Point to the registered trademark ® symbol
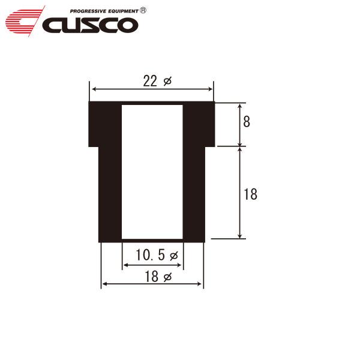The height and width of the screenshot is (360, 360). pos(142,10)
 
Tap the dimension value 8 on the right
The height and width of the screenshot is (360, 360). pos(247,122)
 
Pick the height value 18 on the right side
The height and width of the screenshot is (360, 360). pos(251,194)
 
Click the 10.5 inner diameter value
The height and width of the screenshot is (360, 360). pos(149,256)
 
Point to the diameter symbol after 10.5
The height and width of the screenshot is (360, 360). pos(174,256)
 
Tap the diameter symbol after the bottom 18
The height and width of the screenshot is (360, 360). pos(167,277)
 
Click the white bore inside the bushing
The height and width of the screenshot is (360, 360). pos(152,171)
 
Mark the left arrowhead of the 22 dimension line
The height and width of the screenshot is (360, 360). pos(92,89)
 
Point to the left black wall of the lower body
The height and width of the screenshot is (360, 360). pos(110,192)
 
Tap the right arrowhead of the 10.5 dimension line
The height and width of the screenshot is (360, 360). pos(181,265)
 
